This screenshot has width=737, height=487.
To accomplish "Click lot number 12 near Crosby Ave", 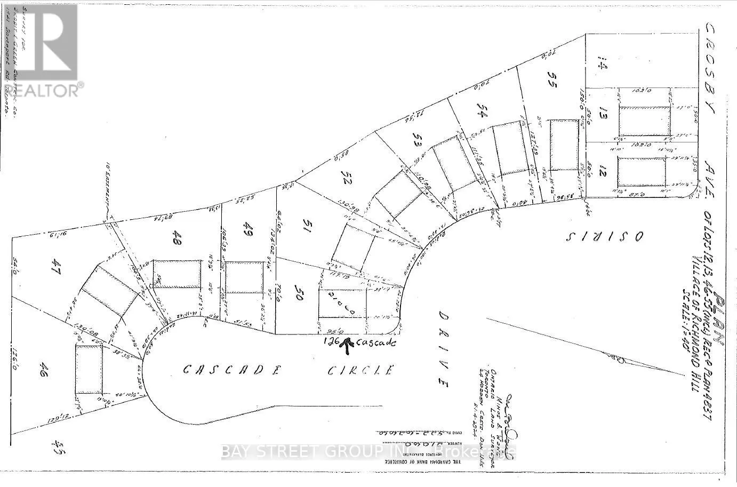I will tap(602, 173).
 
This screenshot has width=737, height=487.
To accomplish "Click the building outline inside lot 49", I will tap(245, 277).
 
